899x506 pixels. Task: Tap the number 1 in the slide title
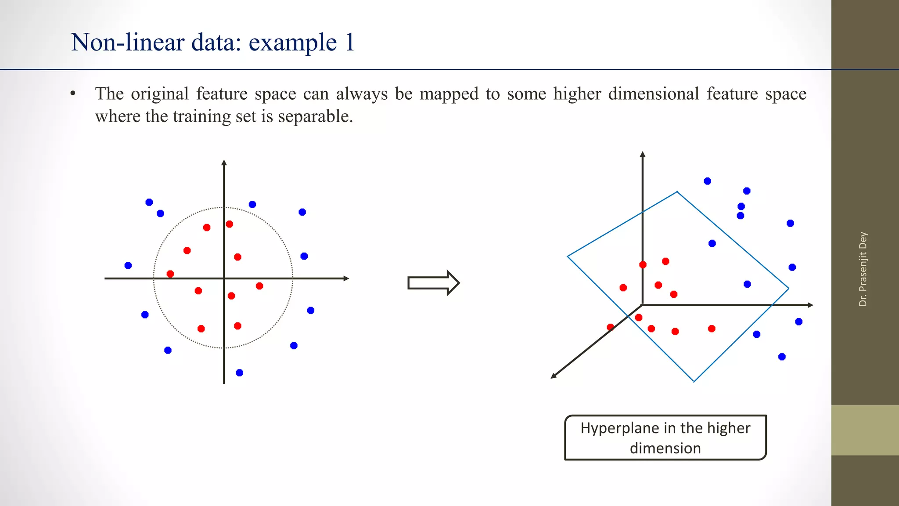[x=349, y=43]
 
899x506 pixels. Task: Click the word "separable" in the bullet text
[x=313, y=116]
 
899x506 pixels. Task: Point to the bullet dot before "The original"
[x=73, y=94]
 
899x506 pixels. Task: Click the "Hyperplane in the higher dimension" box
[x=665, y=437]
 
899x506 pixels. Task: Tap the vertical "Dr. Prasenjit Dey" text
[x=863, y=269]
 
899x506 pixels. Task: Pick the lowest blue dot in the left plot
[x=239, y=373]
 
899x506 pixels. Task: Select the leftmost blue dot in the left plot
[x=128, y=265]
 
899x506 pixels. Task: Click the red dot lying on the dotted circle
[x=170, y=274]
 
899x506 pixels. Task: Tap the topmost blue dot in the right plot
[x=707, y=181]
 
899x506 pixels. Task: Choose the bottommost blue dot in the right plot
[x=782, y=357]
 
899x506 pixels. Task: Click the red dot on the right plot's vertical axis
[x=643, y=264]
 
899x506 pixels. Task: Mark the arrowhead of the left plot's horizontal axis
[x=346, y=278]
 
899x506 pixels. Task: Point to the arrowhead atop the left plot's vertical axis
[x=224, y=163]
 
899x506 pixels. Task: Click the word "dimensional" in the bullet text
[x=653, y=94]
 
